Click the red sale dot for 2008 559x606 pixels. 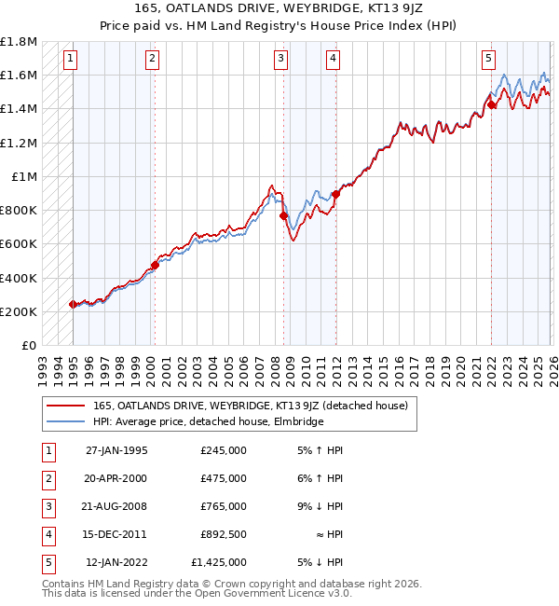click(282, 215)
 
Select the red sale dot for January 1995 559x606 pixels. click(73, 304)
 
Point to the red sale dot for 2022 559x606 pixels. click(491, 104)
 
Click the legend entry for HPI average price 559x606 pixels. click(208, 422)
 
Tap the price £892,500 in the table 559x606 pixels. click(224, 534)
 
